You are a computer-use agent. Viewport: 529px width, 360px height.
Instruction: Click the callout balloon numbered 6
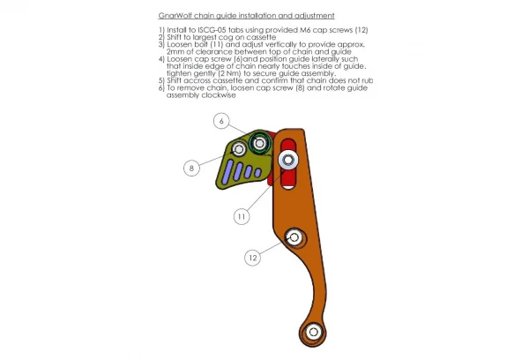(x=221, y=121)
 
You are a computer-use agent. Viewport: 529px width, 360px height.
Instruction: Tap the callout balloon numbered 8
(x=191, y=168)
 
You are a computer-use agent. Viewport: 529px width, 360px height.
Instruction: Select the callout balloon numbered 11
(x=242, y=216)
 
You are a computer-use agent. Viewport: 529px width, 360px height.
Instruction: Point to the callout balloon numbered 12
(x=253, y=258)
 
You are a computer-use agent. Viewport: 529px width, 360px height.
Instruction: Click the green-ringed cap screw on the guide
(x=259, y=143)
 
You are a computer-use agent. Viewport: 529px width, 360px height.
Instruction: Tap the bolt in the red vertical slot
(x=288, y=160)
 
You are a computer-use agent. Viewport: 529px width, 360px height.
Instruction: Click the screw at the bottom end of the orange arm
(x=313, y=332)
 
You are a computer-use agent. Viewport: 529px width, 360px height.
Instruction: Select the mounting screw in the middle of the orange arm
(x=294, y=237)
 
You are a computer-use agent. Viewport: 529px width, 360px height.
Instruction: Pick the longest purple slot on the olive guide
(x=227, y=171)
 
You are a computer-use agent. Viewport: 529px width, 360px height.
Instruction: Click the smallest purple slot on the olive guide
(x=257, y=173)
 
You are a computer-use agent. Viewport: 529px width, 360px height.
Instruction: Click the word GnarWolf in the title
(x=175, y=16)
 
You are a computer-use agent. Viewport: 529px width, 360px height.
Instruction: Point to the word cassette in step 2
(x=261, y=37)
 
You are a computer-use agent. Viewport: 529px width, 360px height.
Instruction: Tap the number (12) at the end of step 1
(x=361, y=30)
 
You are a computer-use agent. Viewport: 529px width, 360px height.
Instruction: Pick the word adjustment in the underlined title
(x=315, y=16)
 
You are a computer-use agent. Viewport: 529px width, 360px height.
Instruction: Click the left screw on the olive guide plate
(x=239, y=149)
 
